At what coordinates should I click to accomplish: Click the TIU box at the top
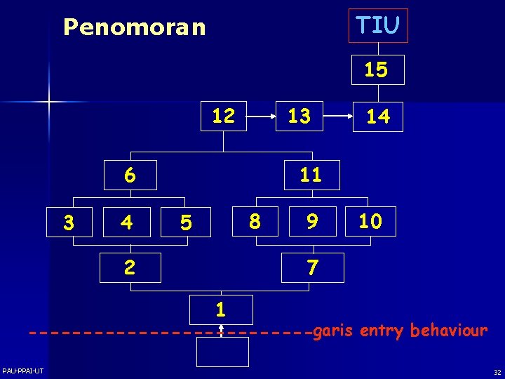coord(378,26)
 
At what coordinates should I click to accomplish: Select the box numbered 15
coord(378,69)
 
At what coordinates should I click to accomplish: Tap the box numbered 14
coord(378,117)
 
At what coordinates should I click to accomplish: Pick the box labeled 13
coord(299,117)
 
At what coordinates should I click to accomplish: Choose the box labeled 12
coord(223,116)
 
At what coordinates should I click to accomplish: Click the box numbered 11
coord(311,175)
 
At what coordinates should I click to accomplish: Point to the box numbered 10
coord(370,222)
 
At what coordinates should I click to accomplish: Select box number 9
coord(311,222)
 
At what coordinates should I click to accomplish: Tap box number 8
coord(255,222)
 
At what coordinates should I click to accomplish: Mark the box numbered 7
coord(314,267)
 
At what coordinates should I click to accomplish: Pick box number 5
coord(185,223)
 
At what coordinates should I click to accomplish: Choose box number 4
coord(126,223)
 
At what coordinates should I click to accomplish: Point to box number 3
coord(68,223)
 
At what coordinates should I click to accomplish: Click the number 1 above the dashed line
coord(221,310)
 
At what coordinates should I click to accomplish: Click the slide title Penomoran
coord(135,27)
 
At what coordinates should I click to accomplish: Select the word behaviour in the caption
coord(449,330)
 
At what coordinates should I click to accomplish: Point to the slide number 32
coord(497,372)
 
